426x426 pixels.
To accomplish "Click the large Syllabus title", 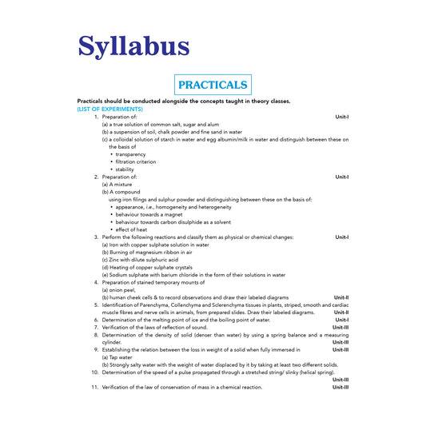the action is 133,46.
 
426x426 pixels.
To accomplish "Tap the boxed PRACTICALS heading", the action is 213,84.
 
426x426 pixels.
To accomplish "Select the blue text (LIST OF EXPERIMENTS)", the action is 109,109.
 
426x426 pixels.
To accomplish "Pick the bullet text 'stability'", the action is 124,169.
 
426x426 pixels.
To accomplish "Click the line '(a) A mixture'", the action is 117,184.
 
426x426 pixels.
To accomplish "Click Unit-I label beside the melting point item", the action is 342,320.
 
